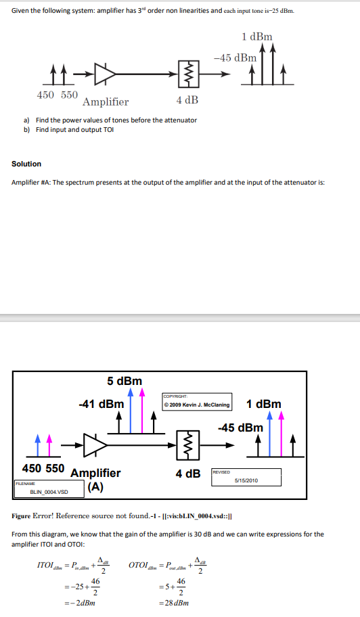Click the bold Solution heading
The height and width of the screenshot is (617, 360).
[x=26, y=164]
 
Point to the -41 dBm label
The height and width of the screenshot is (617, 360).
[x=101, y=404]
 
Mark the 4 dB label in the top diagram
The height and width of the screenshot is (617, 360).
[x=187, y=100]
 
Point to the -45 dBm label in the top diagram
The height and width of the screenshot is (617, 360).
[x=235, y=58]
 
